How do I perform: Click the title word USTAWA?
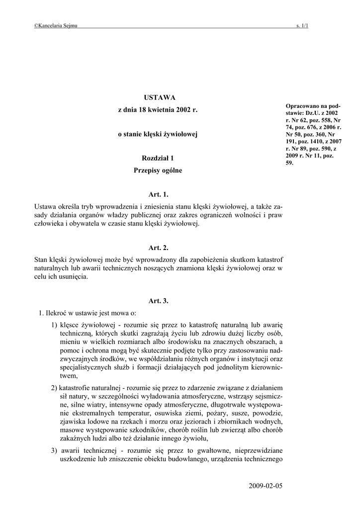(158, 97)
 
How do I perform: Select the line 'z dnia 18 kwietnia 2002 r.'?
(158, 109)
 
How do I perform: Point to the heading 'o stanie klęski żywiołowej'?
(158, 134)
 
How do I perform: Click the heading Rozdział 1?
(158, 158)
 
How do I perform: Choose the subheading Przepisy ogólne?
(158, 170)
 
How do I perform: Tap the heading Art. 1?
(158, 194)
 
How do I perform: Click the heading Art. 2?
(158, 248)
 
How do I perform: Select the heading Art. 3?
(158, 301)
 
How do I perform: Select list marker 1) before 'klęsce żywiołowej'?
(54, 325)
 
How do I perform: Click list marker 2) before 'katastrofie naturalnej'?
(54, 387)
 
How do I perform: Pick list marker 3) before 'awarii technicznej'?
(54, 450)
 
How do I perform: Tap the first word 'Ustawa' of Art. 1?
(45, 206)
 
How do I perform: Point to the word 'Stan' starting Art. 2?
(41, 259)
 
